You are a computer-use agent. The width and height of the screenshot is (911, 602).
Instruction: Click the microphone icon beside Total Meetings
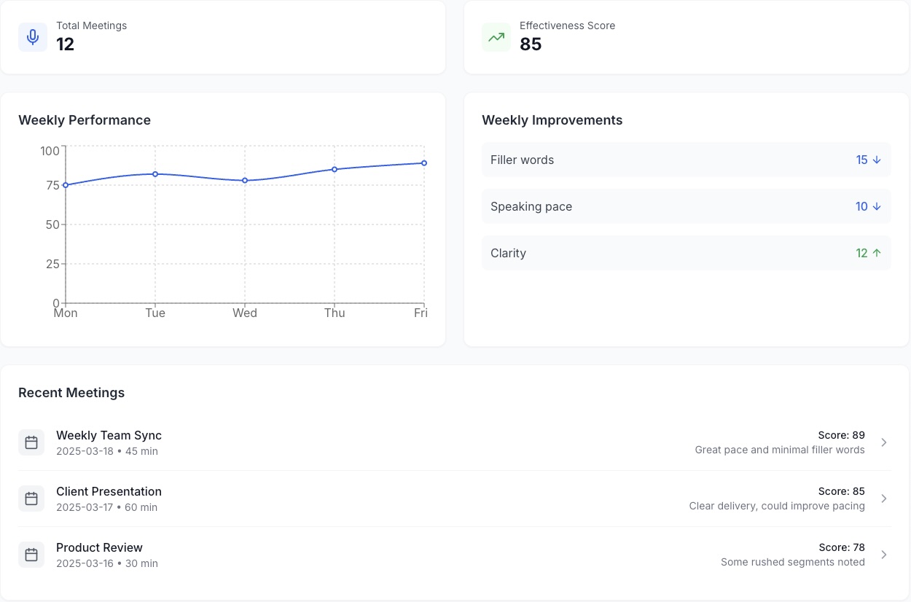coord(33,37)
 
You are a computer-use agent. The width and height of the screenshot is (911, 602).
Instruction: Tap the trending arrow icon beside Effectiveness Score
coord(496,37)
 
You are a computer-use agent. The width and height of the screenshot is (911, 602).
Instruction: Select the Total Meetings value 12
coord(66,44)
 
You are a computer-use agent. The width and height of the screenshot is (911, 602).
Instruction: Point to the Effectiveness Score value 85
coord(531,44)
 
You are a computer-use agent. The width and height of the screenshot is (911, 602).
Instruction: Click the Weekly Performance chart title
coord(85,120)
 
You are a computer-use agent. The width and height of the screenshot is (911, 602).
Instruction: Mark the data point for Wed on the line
coord(245,180)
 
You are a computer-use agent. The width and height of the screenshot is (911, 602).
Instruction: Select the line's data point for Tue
coord(155,173)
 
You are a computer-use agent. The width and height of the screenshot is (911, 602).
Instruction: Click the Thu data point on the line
coord(335,169)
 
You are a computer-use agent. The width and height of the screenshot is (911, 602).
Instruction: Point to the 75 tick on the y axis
coord(52,185)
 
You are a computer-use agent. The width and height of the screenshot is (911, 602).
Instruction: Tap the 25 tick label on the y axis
coord(52,264)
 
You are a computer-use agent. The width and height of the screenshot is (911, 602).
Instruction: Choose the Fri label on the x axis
coord(421,313)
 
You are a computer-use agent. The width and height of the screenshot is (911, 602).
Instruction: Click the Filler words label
coord(522,160)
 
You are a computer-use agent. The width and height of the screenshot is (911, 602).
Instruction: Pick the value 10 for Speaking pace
coord(861,206)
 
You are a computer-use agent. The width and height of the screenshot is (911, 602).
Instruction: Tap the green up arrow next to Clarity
coord(877,253)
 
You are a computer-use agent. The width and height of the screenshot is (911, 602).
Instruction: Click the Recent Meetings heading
coord(71,393)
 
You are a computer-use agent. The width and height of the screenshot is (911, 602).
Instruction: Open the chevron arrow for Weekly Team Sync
coord(883,442)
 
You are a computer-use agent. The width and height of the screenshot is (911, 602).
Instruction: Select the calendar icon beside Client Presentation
coord(31,499)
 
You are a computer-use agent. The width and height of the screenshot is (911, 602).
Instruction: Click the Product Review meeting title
coord(99,547)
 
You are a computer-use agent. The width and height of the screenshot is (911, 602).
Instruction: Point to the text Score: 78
coord(842,547)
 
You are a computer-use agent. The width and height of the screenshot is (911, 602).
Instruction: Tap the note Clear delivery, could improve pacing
coord(777,506)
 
